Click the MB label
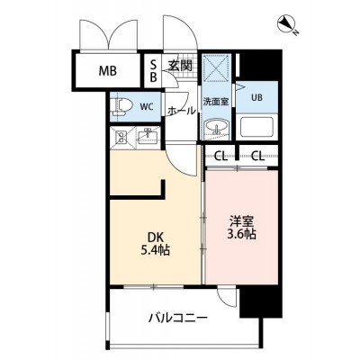pyautogui.click(x=108, y=71)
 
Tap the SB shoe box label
pyautogui.click(x=153, y=71)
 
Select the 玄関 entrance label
pyautogui.click(x=180, y=66)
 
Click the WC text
pyautogui.click(x=147, y=106)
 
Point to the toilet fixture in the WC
pyautogui.click(x=121, y=107)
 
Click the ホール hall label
pyautogui.click(x=181, y=111)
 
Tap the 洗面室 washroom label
pyautogui.click(x=216, y=102)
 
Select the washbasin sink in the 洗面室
pyautogui.click(x=216, y=127)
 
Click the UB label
pyautogui.click(x=256, y=98)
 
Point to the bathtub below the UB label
pyautogui.click(x=256, y=127)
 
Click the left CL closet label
pyautogui.click(x=220, y=156)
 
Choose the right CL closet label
pyautogui.click(x=258, y=156)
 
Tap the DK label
pyautogui.click(x=156, y=238)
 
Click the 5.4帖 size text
pyautogui.click(x=156, y=249)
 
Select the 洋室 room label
pyautogui.click(x=242, y=222)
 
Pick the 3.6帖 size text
pyautogui.click(x=242, y=234)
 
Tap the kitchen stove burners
pyautogui.click(x=121, y=138)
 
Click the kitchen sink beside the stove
pyautogui.click(x=148, y=136)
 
